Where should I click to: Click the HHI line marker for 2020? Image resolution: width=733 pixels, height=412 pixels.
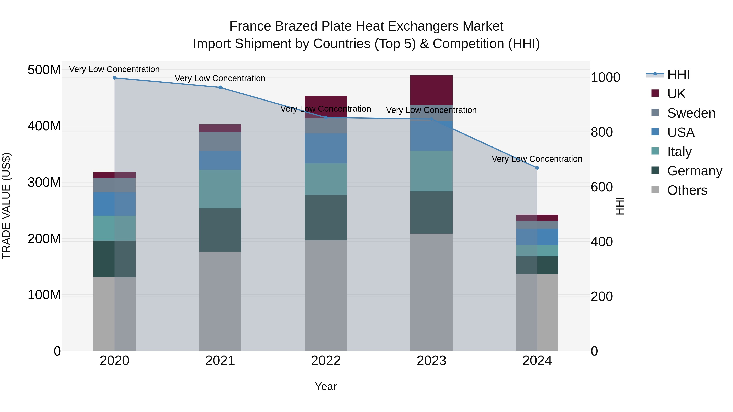114,78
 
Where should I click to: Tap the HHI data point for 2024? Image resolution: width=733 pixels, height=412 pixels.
537,168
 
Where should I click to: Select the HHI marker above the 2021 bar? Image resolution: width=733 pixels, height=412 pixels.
220,87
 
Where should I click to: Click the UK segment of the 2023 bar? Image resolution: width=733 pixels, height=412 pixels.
431,90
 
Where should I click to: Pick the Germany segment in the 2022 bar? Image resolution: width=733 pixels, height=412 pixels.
326,217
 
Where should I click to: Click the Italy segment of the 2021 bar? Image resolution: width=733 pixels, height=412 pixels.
220,189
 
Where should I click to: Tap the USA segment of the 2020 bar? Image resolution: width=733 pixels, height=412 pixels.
114,204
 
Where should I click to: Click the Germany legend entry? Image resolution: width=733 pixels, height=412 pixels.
695,171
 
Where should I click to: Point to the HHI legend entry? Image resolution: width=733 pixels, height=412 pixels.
678,74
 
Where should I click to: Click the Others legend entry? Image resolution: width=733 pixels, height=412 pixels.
687,190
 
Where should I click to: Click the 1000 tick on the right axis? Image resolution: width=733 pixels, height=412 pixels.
606,77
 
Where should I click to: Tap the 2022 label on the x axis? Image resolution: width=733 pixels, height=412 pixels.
326,361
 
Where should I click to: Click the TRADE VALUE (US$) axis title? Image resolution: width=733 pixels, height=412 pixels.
6,206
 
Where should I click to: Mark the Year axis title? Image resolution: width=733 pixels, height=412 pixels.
326,386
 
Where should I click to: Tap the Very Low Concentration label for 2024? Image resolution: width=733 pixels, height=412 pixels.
537,159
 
